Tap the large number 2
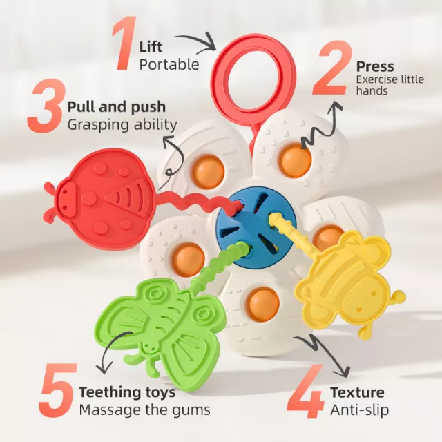(332, 68)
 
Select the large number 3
(46, 106)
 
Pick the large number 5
(58, 390)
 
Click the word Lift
(151, 47)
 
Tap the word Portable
(169, 64)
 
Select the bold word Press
(375, 66)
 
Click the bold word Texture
(358, 392)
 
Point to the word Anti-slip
(359, 410)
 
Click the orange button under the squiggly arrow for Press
(295, 160)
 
